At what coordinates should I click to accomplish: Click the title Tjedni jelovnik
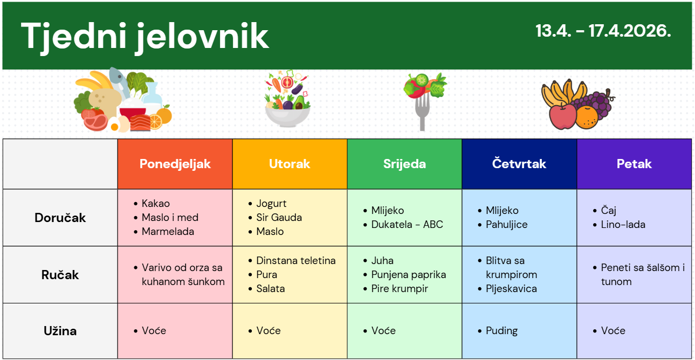(144, 37)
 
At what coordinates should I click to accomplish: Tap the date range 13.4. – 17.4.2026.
(603, 31)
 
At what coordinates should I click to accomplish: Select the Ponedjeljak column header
(175, 164)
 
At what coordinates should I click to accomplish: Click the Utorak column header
(290, 164)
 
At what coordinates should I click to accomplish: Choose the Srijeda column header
(404, 164)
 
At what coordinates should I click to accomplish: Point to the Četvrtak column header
(519, 163)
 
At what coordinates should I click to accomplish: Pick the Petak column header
(634, 164)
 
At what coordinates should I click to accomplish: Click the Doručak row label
(60, 218)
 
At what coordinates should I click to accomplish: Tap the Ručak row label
(60, 275)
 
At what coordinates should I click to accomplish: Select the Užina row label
(60, 331)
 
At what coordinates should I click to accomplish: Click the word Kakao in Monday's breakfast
(156, 203)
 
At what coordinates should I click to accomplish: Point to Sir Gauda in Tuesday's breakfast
(279, 217)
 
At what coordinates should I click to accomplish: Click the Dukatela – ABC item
(407, 225)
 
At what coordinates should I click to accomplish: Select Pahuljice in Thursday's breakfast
(507, 225)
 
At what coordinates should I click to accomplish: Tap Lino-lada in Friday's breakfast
(623, 225)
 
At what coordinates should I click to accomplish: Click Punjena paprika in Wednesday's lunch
(409, 275)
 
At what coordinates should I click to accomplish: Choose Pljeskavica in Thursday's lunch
(511, 289)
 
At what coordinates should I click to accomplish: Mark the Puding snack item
(501, 331)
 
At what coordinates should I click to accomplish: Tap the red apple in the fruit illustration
(562, 116)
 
